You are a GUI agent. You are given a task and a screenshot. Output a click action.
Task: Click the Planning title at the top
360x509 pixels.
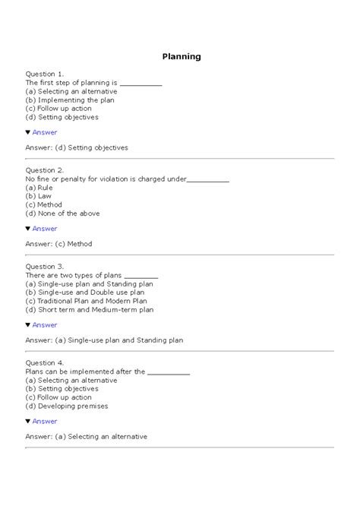click(182, 56)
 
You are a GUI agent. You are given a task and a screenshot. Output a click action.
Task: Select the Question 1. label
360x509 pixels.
click(45, 74)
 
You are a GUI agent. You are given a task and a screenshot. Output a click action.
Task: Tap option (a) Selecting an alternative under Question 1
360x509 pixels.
click(66, 91)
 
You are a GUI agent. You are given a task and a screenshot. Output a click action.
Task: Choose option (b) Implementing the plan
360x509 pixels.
click(69, 100)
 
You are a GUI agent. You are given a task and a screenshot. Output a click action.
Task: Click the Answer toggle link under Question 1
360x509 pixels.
click(44, 132)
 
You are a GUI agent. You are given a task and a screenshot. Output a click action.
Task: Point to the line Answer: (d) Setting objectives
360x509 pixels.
click(77, 147)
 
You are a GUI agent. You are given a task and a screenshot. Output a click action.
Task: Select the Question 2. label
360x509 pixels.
click(45, 170)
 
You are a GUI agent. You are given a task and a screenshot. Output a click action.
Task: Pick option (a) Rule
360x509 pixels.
click(39, 187)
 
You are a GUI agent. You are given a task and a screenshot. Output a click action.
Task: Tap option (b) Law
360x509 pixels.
click(39, 196)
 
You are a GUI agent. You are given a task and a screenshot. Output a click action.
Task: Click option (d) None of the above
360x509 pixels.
click(62, 213)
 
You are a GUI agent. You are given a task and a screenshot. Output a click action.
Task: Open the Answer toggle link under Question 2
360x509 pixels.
click(44, 229)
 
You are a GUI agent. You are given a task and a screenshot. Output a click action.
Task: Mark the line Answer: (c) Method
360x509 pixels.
click(58, 244)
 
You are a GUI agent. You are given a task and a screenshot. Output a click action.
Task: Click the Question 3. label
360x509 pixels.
click(45, 267)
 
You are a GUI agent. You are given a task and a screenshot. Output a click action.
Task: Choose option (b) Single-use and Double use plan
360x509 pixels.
click(85, 292)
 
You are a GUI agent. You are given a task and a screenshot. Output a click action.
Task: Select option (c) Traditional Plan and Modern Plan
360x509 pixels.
click(89, 301)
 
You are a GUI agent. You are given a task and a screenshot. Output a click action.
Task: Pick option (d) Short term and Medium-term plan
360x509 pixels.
click(90, 310)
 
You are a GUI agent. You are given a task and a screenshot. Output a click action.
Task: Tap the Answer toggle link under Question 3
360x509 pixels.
click(44, 325)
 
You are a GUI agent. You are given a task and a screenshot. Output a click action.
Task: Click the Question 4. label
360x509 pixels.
click(45, 363)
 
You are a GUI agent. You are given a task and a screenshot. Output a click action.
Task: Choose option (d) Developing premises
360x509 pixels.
click(67, 406)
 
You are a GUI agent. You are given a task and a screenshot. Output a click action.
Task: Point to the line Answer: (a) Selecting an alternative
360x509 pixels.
click(86, 436)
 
